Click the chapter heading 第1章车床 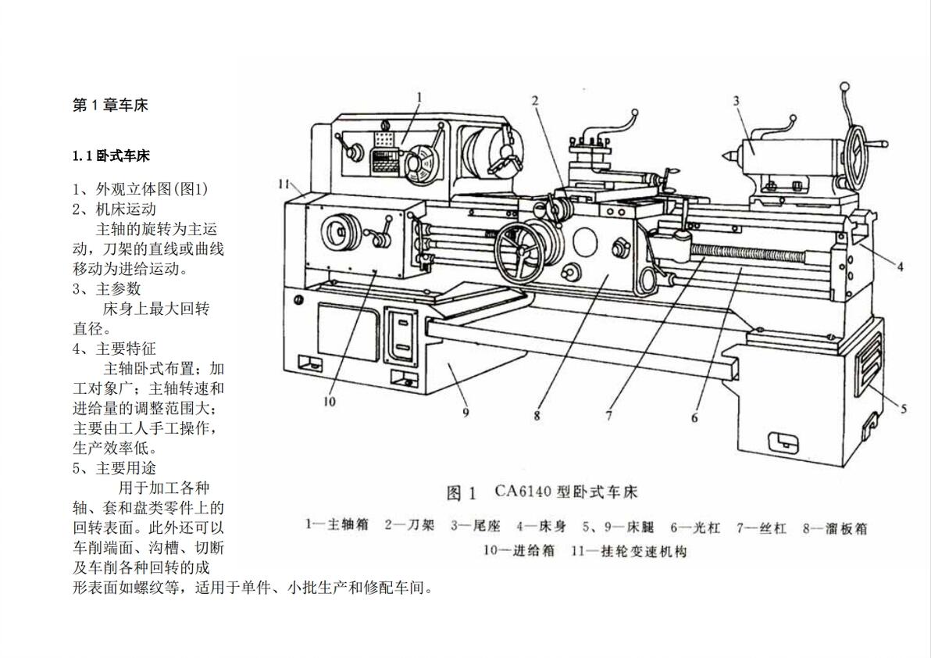(x=110, y=105)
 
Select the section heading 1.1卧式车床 (x=111, y=156)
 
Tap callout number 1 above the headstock (x=419, y=98)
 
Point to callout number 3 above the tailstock (x=737, y=101)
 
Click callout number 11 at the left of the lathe (x=284, y=184)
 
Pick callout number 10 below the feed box (x=329, y=402)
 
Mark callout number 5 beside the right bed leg (x=903, y=409)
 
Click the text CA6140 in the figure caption (x=524, y=492)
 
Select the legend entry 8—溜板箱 (x=834, y=527)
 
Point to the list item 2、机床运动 (x=115, y=209)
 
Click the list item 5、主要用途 (x=115, y=468)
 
